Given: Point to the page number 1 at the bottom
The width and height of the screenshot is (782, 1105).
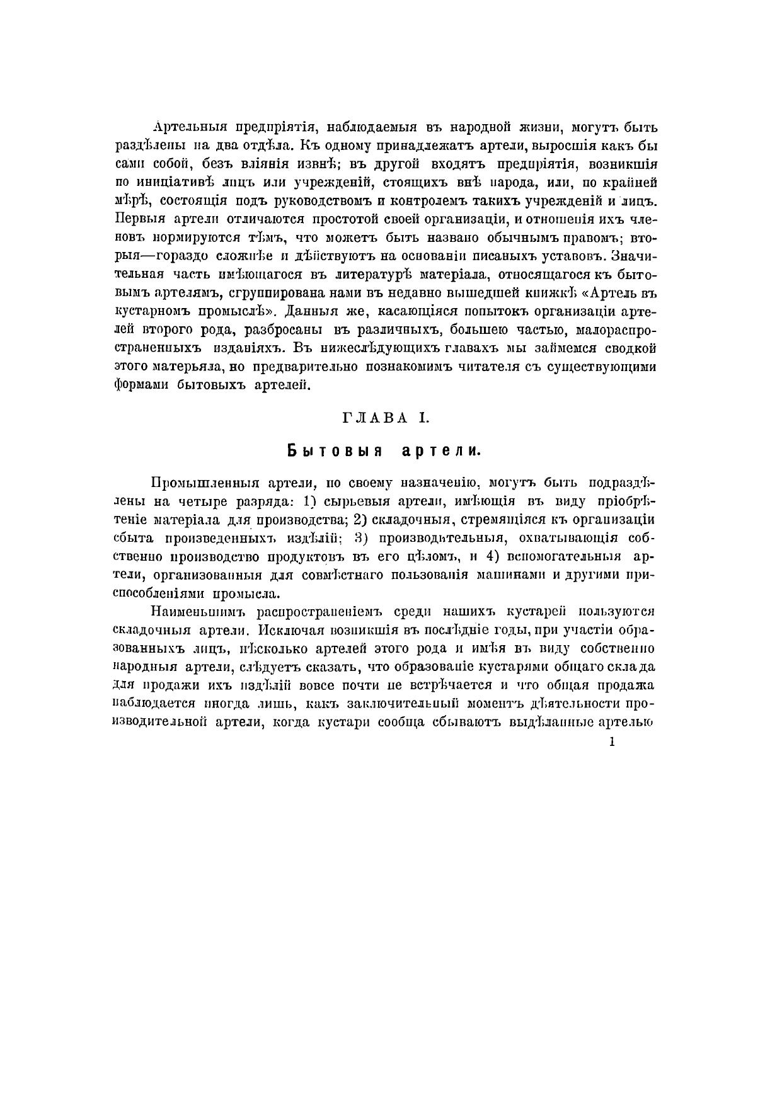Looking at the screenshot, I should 612,742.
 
